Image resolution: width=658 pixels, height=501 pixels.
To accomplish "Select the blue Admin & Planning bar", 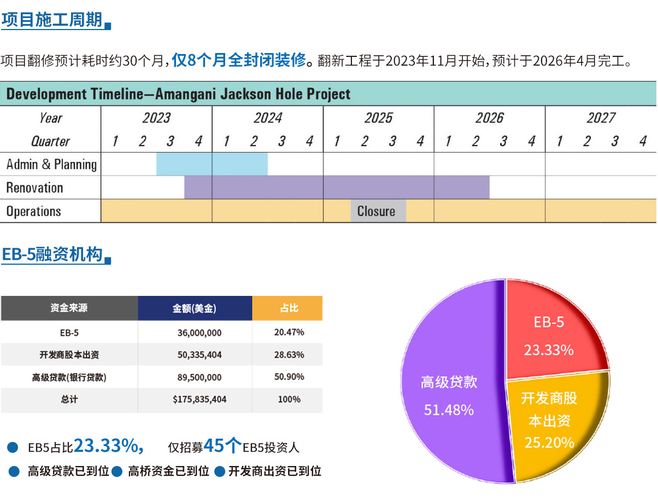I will (x=212, y=164).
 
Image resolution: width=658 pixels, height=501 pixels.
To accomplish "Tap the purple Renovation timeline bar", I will (x=337, y=188).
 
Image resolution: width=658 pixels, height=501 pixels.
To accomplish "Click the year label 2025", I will (x=378, y=118).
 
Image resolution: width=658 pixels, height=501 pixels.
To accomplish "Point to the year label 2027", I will (x=601, y=118).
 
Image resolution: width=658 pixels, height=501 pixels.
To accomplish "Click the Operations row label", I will (x=34, y=211).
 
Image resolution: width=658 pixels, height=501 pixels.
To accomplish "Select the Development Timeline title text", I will (x=178, y=94).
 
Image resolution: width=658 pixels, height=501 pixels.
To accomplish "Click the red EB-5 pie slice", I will (x=552, y=328).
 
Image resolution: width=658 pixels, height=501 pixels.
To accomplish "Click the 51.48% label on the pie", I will (x=449, y=409).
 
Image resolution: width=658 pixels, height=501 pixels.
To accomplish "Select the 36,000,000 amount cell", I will (x=199, y=332).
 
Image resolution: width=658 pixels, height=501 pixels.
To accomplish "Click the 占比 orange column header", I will (x=288, y=308).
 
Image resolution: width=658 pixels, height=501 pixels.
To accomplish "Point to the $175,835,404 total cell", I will (x=199, y=399).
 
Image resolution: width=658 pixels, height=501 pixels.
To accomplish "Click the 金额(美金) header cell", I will (x=195, y=308).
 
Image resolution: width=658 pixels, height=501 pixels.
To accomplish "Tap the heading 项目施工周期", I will (x=52, y=20).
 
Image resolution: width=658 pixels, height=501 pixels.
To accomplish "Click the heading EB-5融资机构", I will (x=52, y=254).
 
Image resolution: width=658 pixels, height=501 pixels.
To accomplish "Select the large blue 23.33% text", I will (x=108, y=446).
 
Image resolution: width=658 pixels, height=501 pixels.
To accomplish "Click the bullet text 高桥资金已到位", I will (x=168, y=471).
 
